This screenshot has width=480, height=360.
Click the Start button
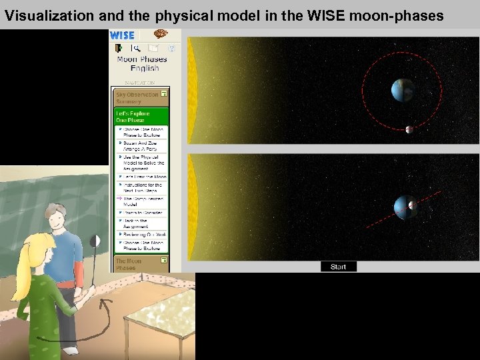338,267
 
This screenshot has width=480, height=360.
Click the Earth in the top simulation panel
403,90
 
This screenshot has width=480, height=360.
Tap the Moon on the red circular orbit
409,129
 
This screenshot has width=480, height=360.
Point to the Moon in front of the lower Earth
412,205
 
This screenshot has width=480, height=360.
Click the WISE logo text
122,35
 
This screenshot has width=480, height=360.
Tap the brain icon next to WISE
160,35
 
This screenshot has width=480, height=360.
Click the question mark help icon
171,49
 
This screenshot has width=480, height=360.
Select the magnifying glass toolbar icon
137,49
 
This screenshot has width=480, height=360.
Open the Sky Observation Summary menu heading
137,98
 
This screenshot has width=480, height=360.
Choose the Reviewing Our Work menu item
144,235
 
